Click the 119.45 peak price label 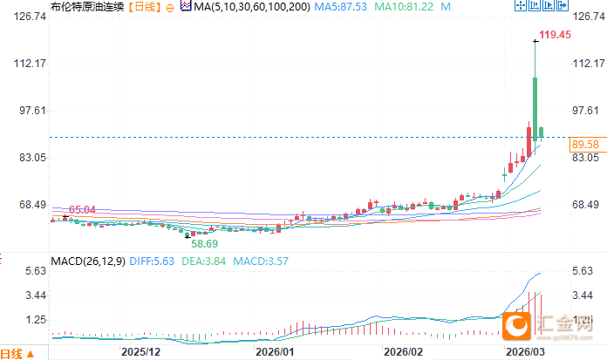click(x=556, y=35)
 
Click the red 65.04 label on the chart click(x=82, y=210)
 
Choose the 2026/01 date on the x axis click(x=273, y=351)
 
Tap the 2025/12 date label click(x=140, y=351)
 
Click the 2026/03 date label click(x=525, y=351)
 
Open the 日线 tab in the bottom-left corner click(x=14, y=353)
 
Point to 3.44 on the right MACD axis click(x=582, y=295)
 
